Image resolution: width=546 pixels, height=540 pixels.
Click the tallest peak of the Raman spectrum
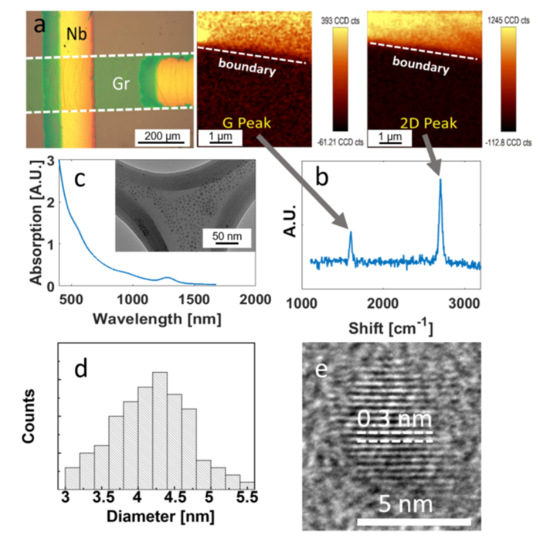(440, 180)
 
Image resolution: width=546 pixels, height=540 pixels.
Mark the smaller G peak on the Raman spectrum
(351, 233)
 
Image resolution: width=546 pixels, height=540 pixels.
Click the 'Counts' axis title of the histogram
(29, 417)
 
